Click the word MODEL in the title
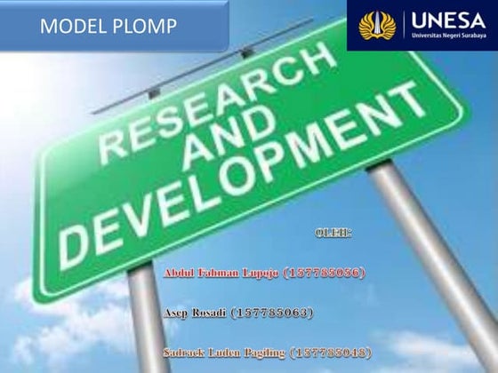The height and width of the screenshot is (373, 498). click(x=72, y=27)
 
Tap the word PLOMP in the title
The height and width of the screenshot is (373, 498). click(x=143, y=27)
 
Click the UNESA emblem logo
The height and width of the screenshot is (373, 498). click(x=377, y=25)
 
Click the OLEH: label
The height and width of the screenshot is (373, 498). click(x=333, y=234)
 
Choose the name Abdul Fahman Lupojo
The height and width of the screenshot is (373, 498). click(x=221, y=272)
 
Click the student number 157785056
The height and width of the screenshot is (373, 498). click(x=324, y=272)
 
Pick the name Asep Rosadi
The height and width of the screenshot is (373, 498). click(x=196, y=313)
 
